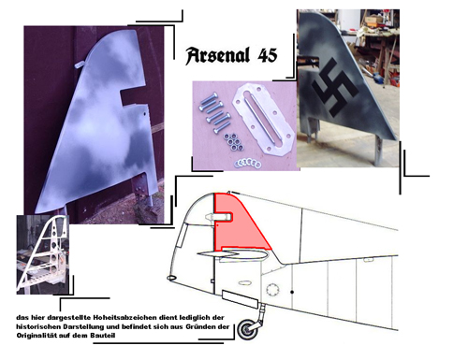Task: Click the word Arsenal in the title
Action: tap(217, 56)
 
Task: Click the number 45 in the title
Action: tap(268, 55)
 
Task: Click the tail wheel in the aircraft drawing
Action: tap(248, 329)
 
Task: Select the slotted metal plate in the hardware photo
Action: tap(264, 120)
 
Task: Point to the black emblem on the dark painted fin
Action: tap(335, 88)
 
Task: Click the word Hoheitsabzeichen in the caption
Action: tap(124, 318)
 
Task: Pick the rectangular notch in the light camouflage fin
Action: tap(135, 97)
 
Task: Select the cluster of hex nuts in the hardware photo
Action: tap(232, 141)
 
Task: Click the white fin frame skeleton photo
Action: tap(43, 254)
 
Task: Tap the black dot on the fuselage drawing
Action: tap(292, 292)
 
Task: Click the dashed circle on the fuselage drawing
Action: tap(272, 290)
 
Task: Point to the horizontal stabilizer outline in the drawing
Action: tap(232, 254)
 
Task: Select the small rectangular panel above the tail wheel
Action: tap(240, 299)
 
